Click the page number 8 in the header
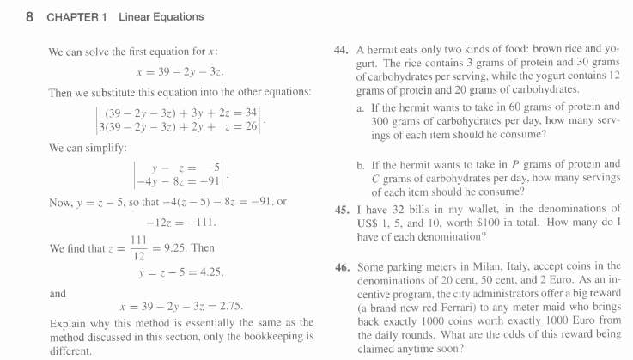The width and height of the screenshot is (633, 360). pos(29,16)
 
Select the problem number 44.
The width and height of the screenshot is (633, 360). pos(341,51)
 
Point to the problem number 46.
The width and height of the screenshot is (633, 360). pos(341,268)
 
